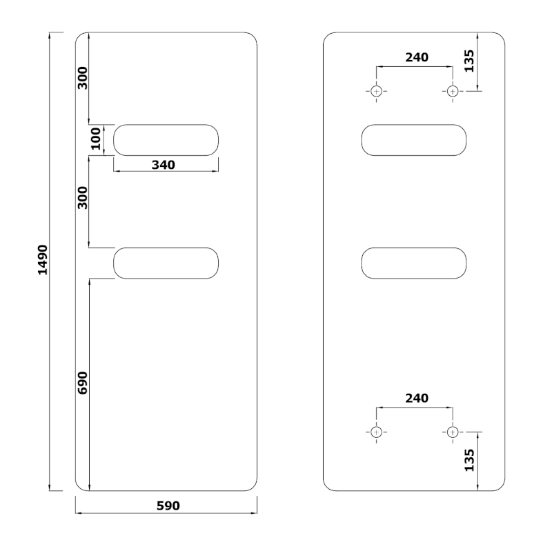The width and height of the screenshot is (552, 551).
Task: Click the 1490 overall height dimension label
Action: (43, 260)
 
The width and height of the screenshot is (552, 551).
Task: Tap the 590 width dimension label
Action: (168, 505)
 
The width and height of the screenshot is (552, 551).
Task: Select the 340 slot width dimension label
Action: (164, 165)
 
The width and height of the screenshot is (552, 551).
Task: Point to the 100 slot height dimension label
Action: (96, 139)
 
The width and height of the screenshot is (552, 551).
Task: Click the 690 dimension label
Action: (82, 383)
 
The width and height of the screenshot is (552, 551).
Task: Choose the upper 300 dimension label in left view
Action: (82, 78)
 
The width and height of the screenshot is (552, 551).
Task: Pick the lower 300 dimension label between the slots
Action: (82, 198)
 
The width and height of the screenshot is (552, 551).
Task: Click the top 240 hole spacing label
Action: (417, 57)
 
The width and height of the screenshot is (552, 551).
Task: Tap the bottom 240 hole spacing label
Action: (417, 398)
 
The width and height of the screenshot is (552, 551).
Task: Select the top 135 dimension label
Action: (469, 61)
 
